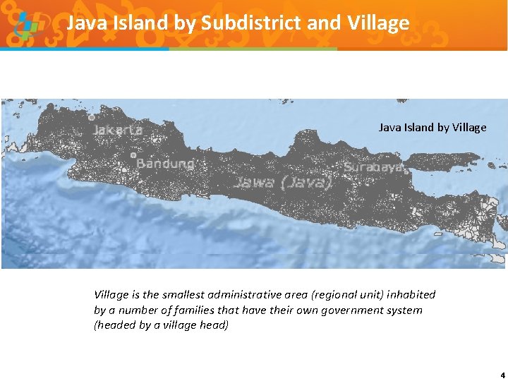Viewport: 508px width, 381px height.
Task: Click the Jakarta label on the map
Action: pos(118,130)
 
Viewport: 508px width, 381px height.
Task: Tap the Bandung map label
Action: pos(165,163)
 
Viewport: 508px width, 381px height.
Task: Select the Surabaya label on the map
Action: pos(373,167)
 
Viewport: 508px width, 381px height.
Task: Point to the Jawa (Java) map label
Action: pos(282,183)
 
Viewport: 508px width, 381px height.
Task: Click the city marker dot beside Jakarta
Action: pos(92,117)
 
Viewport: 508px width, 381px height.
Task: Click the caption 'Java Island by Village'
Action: pos(433,128)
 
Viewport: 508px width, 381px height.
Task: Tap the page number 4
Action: pos(502,375)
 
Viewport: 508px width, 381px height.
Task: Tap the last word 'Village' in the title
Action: pos(379,23)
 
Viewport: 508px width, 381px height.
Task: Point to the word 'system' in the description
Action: pos(405,310)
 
